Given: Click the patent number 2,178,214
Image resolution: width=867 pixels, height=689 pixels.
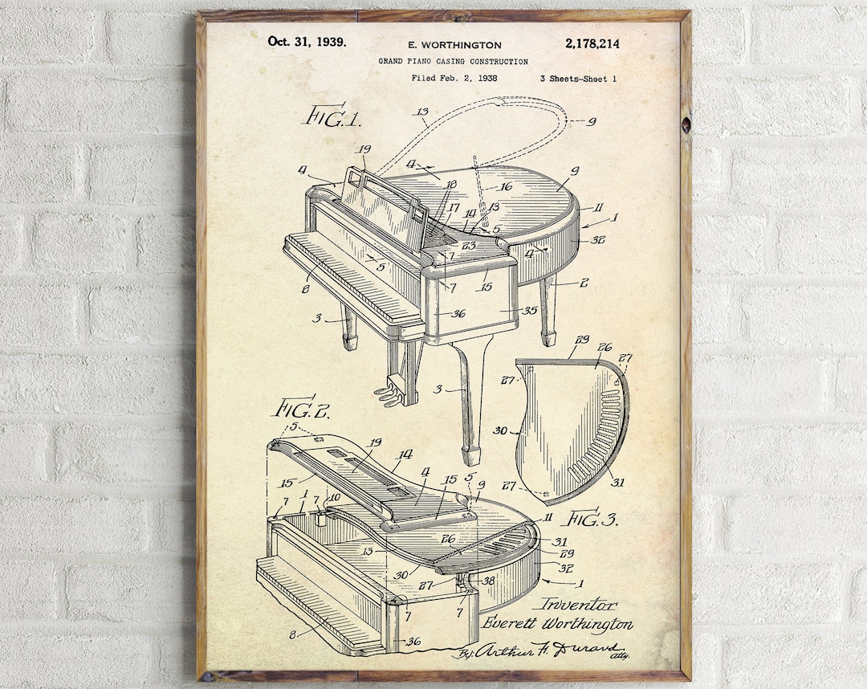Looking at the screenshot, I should point(592,44).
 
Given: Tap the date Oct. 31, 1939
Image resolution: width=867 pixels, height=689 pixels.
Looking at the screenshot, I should point(307,42).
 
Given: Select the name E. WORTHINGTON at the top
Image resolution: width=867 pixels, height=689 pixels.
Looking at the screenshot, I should point(454,45).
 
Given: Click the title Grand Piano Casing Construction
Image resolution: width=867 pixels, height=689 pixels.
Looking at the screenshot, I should point(454,61).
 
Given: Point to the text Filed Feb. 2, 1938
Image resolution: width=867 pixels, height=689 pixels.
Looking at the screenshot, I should point(454,78).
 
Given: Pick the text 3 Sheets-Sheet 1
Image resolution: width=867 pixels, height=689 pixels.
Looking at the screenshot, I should point(578,78).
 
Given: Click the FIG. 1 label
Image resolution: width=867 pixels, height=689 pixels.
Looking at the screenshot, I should point(331,116).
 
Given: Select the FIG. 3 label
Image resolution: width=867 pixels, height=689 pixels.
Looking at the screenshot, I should point(592,518).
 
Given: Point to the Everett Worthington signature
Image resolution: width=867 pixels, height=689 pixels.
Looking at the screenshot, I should point(557,623).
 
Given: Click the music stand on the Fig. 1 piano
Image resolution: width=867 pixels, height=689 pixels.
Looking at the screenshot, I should point(385,201).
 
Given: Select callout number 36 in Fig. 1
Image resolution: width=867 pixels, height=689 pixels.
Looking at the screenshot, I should point(458,314).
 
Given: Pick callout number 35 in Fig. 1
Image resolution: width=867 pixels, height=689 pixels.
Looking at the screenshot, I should point(529,309).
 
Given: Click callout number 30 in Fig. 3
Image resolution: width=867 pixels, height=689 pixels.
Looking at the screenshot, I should point(500,431).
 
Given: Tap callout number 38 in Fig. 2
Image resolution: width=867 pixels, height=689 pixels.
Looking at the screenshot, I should point(488,579).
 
